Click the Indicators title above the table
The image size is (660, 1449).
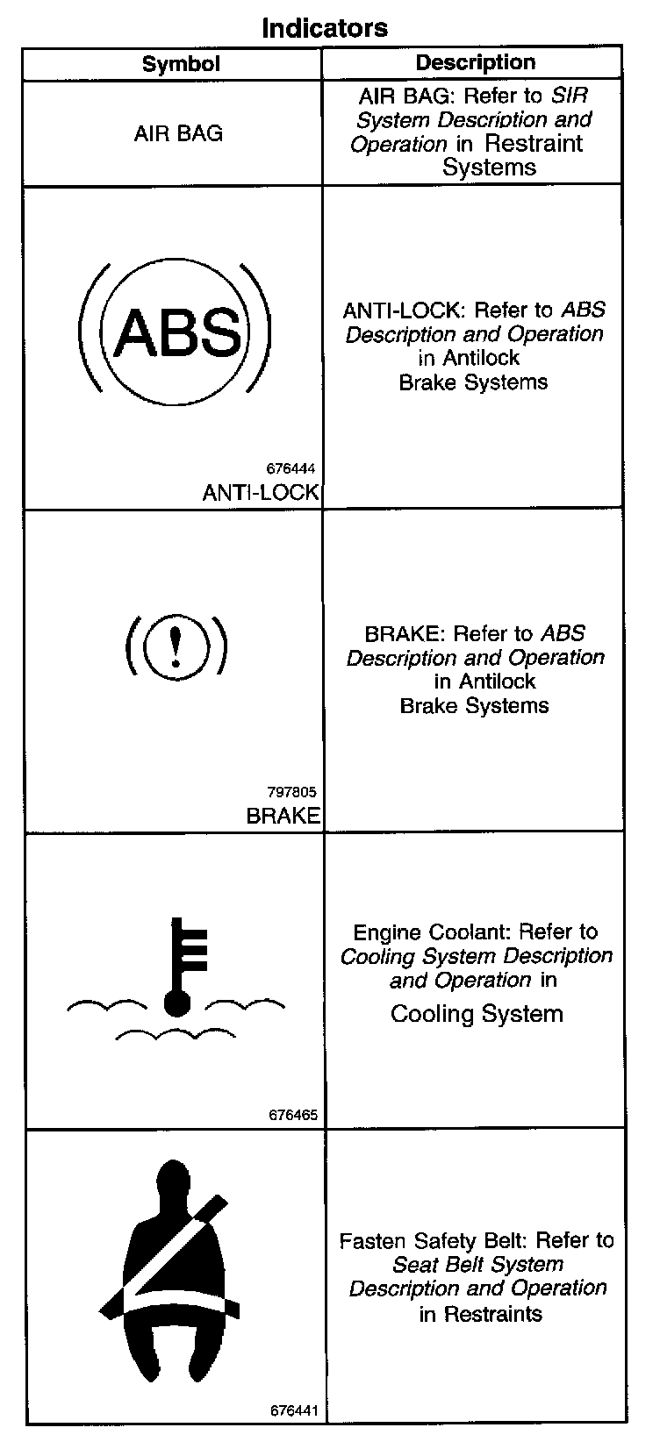(x=325, y=27)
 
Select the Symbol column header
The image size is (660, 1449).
(x=181, y=63)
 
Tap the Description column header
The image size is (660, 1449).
(x=475, y=62)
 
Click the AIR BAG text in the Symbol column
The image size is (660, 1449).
(x=178, y=133)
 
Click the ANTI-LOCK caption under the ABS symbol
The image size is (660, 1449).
(x=261, y=493)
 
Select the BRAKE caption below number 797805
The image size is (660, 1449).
(x=283, y=816)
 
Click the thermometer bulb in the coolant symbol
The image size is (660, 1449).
(x=177, y=1003)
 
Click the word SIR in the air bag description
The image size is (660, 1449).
(x=568, y=96)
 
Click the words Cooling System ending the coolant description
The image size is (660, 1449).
(x=477, y=1014)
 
